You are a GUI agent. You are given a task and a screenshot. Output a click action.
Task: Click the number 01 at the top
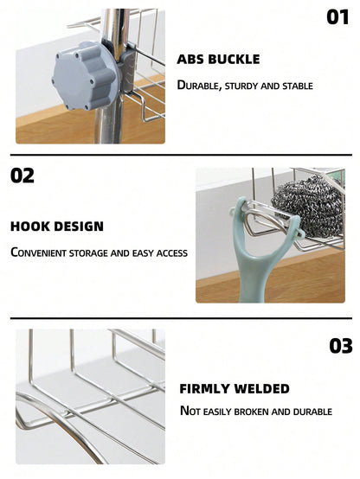click(x=337, y=17)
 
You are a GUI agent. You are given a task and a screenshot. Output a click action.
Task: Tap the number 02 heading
click(x=22, y=176)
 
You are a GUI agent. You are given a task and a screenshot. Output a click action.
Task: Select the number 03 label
click(x=341, y=346)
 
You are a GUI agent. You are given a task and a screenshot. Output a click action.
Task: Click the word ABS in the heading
click(x=190, y=60)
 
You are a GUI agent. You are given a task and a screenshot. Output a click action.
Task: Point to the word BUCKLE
click(x=234, y=60)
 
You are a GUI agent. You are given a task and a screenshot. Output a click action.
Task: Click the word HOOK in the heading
click(x=29, y=227)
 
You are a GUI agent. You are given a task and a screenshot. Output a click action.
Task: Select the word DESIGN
click(x=79, y=227)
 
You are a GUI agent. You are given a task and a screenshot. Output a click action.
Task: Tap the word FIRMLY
click(x=204, y=388)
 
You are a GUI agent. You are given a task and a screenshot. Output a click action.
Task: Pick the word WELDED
click(x=262, y=388)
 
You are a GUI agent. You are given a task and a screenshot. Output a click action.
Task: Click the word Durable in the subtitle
click(x=199, y=86)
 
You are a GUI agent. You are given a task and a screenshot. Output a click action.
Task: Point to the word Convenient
click(x=39, y=253)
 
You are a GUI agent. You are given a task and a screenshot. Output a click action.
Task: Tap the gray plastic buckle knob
click(x=86, y=76)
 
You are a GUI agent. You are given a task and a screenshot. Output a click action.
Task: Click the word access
click(x=172, y=253)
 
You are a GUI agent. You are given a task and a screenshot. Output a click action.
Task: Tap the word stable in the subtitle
click(x=298, y=86)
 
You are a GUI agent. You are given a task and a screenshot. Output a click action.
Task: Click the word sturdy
click(x=241, y=86)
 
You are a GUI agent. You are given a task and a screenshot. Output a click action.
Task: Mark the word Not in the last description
click(x=190, y=412)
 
